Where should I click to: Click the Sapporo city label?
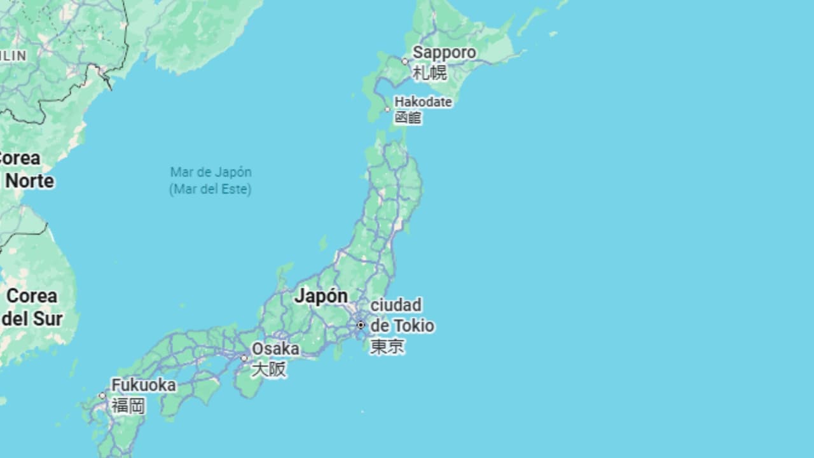pyautogui.click(x=444, y=52)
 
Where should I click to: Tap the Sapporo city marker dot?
pyautogui.click(x=404, y=62)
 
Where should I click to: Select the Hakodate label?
pyautogui.click(x=423, y=102)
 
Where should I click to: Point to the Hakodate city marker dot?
pyautogui.click(x=387, y=109)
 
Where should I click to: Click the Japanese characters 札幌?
pyautogui.click(x=430, y=73)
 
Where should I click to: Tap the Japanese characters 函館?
pyautogui.click(x=408, y=118)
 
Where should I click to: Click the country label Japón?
pyautogui.click(x=321, y=296)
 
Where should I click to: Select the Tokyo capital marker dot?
pyautogui.click(x=361, y=325)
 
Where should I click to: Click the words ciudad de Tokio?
pyautogui.click(x=402, y=316)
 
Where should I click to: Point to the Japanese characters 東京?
pyautogui.click(x=387, y=347)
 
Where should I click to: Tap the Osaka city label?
pyautogui.click(x=275, y=349)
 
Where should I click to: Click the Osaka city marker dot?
pyautogui.click(x=244, y=359)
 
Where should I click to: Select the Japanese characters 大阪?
pyautogui.click(x=268, y=369)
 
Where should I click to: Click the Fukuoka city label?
pyautogui.click(x=144, y=385)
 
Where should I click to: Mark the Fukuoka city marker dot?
pyautogui.click(x=102, y=396)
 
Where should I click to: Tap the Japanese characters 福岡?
pyautogui.click(x=128, y=405)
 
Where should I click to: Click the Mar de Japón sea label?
pyautogui.click(x=210, y=172)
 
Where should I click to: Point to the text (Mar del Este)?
pyautogui.click(x=210, y=189)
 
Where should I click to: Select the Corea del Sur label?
pyautogui.click(x=32, y=307)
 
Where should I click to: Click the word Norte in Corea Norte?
pyautogui.click(x=29, y=181)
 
